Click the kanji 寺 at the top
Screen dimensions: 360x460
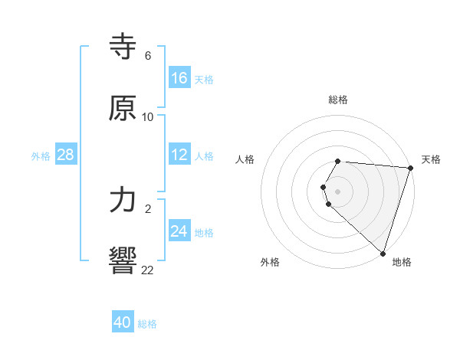pos(123,47)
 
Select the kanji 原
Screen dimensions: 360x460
pos(123,108)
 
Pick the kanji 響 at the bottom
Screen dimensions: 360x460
pos(123,260)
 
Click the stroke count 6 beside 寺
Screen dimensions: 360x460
pos(147,56)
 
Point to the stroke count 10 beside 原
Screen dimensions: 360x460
pos(148,117)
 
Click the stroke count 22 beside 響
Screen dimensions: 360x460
pos(148,269)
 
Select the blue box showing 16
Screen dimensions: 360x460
pos(179,78)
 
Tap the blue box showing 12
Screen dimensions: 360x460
pos(179,155)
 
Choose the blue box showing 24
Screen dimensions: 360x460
pos(179,231)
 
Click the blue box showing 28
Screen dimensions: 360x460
pos(65,155)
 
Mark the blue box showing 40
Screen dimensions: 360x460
pos(123,322)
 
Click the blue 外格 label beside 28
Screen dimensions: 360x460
pos(41,156)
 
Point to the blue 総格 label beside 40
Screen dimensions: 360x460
pos(147,324)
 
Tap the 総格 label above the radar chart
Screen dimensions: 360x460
pos(338,100)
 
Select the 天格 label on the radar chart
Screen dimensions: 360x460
pos(431,159)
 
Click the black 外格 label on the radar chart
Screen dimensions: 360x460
pos(270,262)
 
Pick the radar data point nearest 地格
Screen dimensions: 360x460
pos(382,253)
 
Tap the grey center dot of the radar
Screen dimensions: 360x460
pos(338,191)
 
